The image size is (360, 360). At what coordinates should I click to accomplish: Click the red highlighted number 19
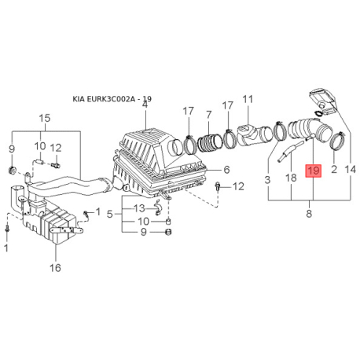pyautogui.click(x=314, y=171)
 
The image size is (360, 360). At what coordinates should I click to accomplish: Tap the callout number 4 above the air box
pyautogui.click(x=145, y=105)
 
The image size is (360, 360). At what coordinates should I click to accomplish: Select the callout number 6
pyautogui.click(x=226, y=170)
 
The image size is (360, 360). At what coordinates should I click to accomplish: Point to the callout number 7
pyautogui.click(x=208, y=115)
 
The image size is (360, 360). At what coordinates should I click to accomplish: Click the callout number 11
pyautogui.click(x=248, y=100)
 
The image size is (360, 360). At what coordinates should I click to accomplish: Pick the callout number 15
pyautogui.click(x=45, y=118)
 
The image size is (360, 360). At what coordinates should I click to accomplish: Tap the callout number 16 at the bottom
pyautogui.click(x=55, y=268)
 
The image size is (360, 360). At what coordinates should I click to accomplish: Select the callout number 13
pyautogui.click(x=139, y=208)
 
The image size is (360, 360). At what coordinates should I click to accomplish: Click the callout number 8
pyautogui.click(x=309, y=214)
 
